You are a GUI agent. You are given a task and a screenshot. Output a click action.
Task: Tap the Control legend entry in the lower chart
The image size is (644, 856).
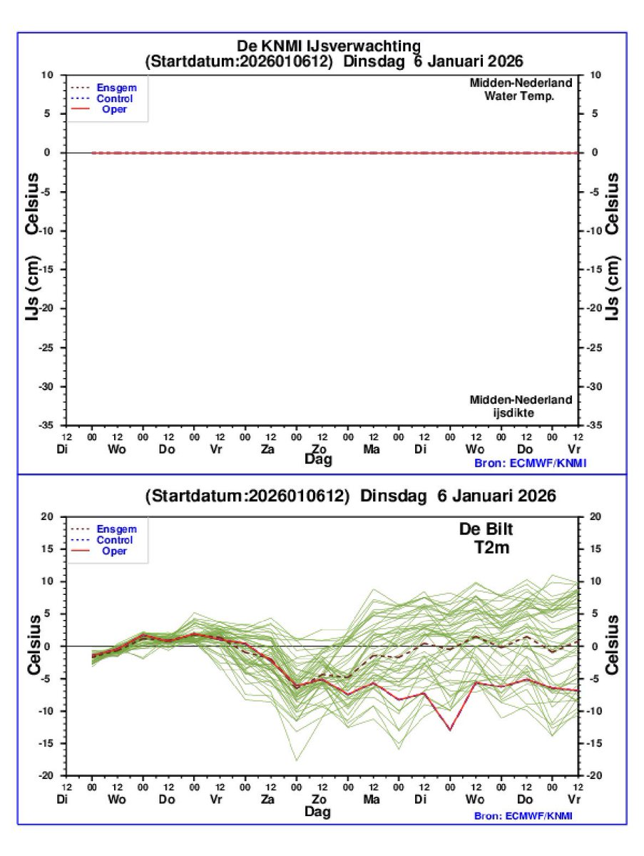tap(115, 540)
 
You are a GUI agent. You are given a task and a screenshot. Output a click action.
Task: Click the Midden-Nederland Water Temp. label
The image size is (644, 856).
tap(521, 89)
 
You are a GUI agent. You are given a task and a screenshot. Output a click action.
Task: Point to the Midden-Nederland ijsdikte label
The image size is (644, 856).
tap(521, 406)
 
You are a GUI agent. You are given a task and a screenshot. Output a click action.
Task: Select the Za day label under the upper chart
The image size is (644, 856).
tap(268, 449)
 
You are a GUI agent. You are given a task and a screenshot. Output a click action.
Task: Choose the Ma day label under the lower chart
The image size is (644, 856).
tap(371, 800)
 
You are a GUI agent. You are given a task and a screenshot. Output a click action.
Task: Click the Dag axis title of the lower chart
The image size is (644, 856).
tap(319, 811)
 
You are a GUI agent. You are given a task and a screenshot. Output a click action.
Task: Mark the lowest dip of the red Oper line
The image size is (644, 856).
tap(450, 729)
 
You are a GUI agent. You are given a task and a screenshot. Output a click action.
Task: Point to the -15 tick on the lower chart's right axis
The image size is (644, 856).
tap(593, 743)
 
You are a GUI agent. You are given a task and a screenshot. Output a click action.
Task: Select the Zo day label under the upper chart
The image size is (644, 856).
tap(320, 449)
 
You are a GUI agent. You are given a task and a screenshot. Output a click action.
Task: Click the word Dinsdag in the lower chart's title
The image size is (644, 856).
tap(389, 495)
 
